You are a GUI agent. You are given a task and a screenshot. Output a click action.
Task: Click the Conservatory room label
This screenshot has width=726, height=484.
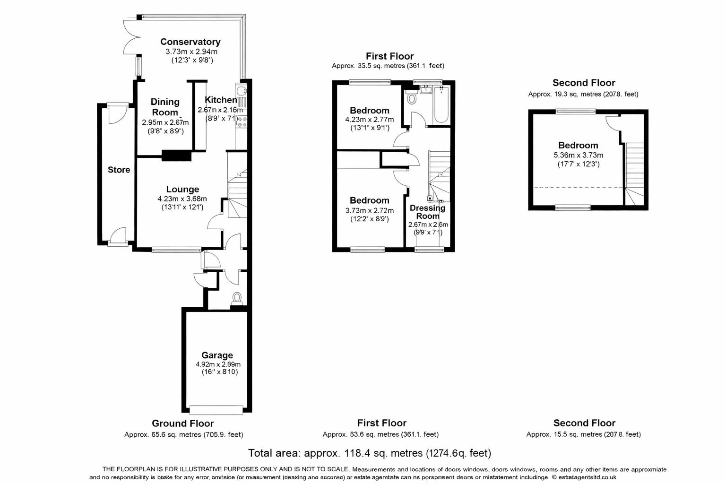190,42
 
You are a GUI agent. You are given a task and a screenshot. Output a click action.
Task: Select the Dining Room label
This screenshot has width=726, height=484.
165,107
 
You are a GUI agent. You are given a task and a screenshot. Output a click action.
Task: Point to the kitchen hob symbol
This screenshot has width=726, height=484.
242,122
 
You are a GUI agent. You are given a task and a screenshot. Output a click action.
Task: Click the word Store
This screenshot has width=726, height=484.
119,170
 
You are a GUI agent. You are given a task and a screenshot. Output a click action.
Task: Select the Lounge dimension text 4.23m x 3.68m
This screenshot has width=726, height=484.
182,199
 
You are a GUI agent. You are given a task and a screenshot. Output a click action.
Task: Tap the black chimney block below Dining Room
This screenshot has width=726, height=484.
176,156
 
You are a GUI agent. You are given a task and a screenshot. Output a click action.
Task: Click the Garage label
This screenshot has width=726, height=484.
217,355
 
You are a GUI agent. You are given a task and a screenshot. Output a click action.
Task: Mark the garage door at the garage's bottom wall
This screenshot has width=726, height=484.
217,410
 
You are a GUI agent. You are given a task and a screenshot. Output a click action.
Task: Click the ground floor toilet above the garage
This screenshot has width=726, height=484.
237,298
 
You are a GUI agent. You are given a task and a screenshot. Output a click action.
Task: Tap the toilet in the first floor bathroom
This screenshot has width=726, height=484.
411,99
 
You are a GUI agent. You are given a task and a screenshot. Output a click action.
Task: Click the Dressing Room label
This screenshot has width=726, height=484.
427,212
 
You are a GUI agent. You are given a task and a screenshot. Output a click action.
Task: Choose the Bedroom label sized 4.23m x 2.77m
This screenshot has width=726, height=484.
370,111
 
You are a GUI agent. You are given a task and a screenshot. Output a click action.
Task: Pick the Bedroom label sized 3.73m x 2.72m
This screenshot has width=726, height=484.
370,200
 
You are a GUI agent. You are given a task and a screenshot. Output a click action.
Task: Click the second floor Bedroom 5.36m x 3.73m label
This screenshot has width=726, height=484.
578,146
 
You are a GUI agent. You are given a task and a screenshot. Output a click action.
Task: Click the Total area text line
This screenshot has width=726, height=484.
370,453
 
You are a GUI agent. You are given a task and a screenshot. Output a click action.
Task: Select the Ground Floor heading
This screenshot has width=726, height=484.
182,423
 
